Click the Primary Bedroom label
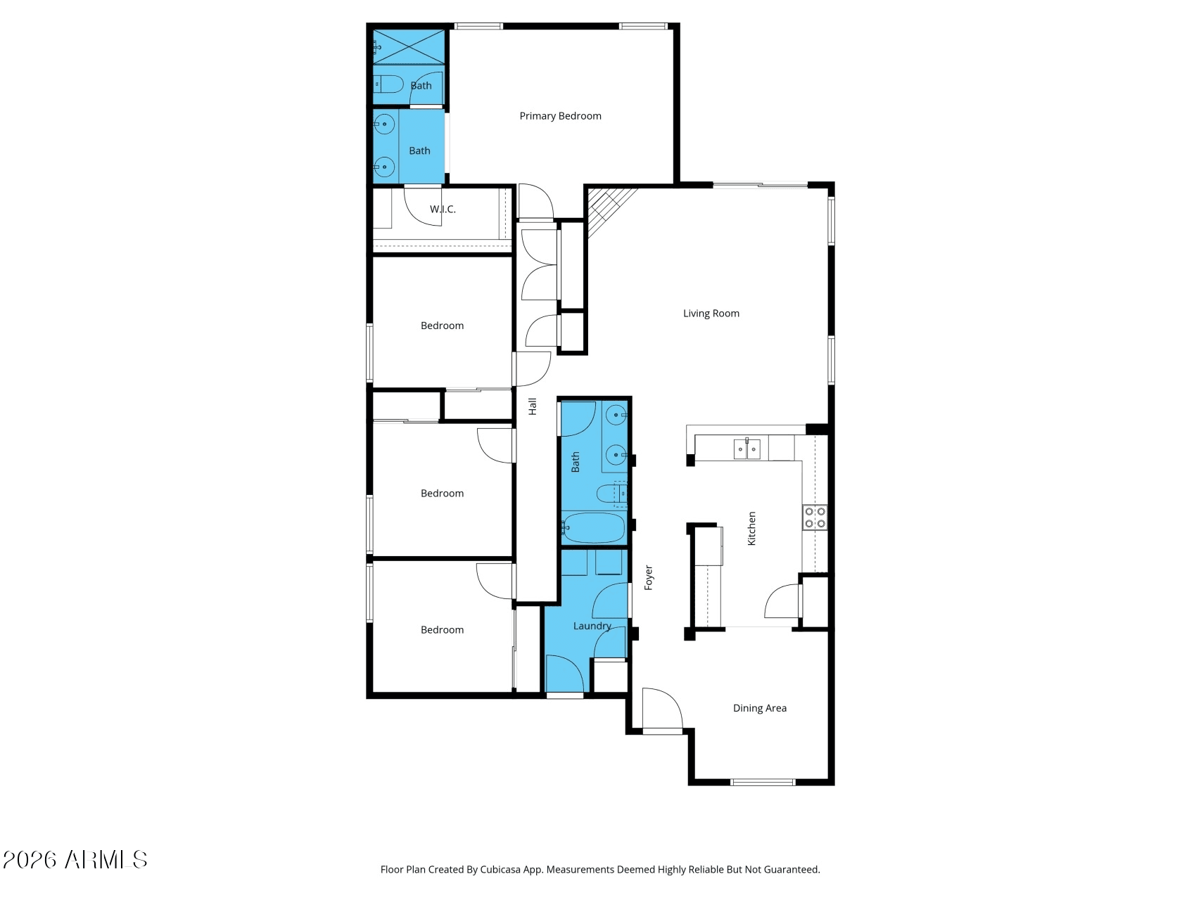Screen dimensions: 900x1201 coord(560,116)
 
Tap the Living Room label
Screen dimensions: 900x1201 coord(711,314)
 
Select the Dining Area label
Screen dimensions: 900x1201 coord(759,708)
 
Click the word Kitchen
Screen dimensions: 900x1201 coord(751,528)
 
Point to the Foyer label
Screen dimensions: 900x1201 coord(649,577)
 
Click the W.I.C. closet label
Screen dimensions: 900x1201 coord(443,209)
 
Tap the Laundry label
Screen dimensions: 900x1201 coord(592,626)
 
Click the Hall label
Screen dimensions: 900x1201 coord(533,406)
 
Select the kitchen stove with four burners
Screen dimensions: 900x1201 coord(815,517)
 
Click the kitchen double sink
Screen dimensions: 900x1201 coord(746,448)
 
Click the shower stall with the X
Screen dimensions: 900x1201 coord(409,47)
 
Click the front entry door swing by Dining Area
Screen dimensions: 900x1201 coord(661,710)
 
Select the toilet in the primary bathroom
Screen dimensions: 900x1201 coord(388,84)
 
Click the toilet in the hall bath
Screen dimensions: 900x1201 coord(611,493)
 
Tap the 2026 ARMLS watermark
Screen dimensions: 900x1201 coord(75,859)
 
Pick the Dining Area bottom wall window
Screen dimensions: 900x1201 coord(763,782)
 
